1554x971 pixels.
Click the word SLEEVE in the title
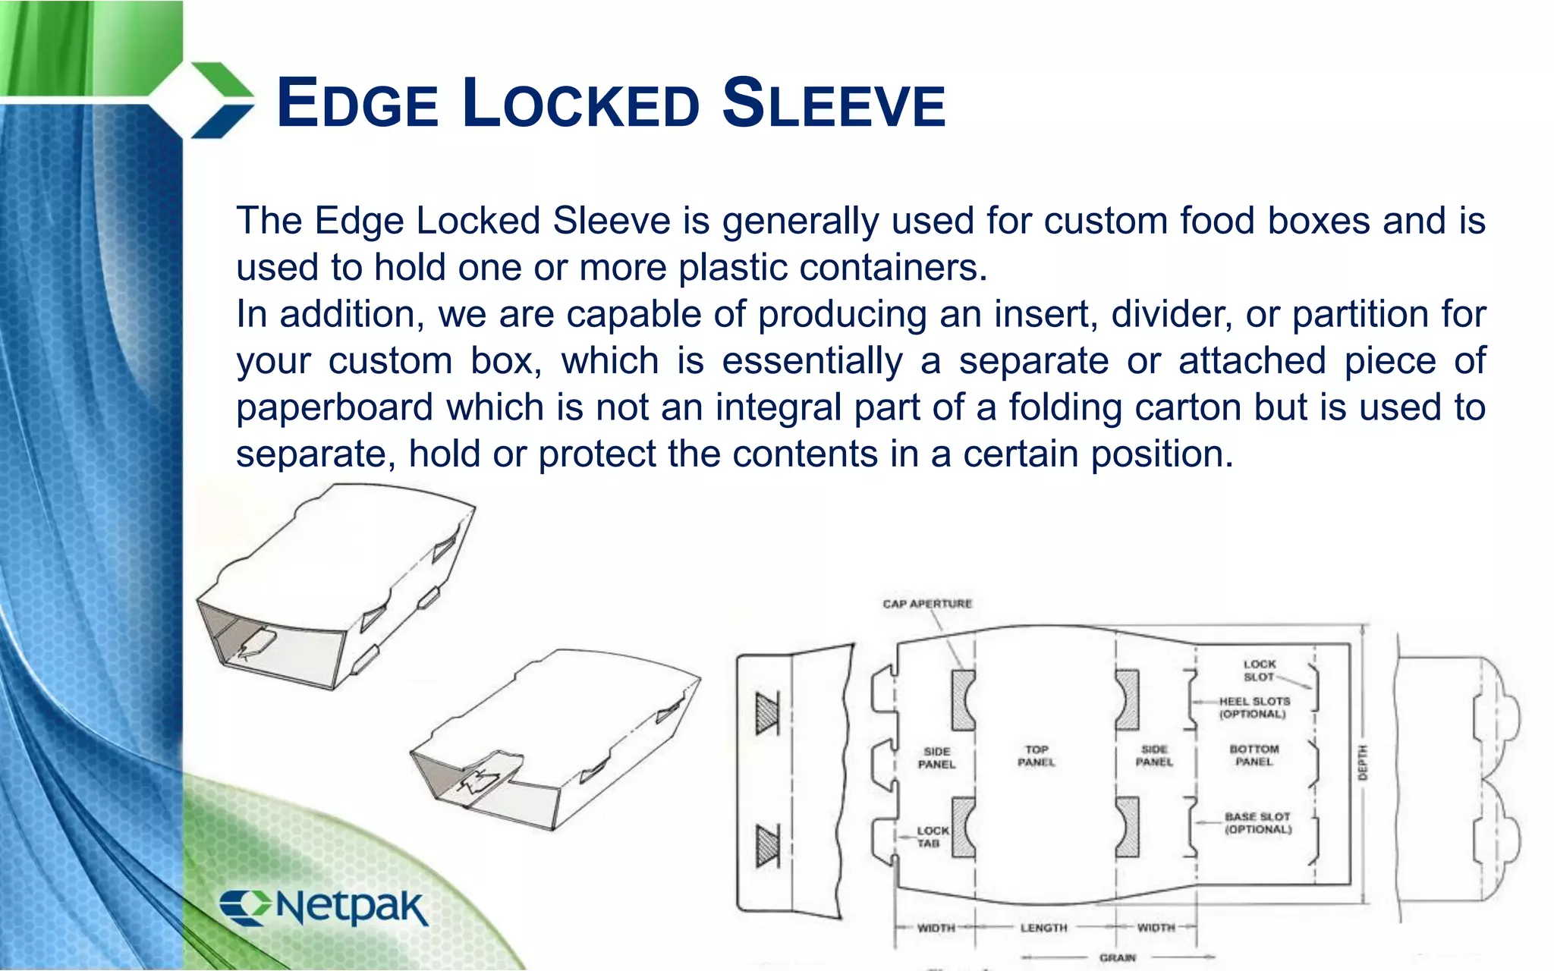click(x=833, y=105)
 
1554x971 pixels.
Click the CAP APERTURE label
click(x=926, y=604)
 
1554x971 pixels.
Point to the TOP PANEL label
click(x=1036, y=756)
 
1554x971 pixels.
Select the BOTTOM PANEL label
click(x=1254, y=756)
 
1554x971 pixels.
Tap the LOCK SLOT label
click(x=1259, y=671)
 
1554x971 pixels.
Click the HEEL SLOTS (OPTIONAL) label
click(x=1254, y=708)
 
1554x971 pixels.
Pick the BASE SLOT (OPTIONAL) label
click(x=1257, y=823)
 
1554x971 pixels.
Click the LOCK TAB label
click(x=932, y=837)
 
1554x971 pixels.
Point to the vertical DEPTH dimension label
click(x=1362, y=762)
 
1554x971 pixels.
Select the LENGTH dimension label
click(x=1043, y=928)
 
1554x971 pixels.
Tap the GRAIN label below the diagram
click(x=1117, y=958)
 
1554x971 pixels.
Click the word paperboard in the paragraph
click(x=335, y=408)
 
